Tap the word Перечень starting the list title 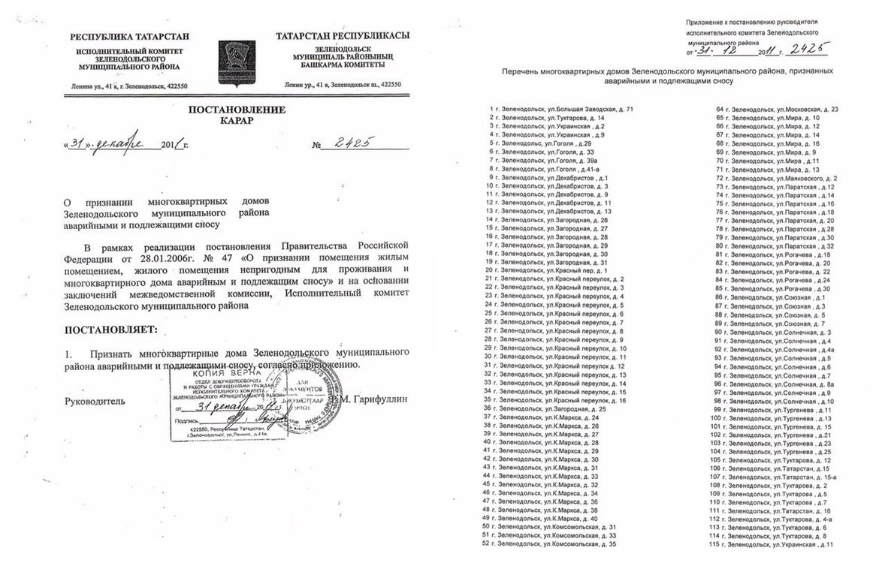(x=522, y=70)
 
